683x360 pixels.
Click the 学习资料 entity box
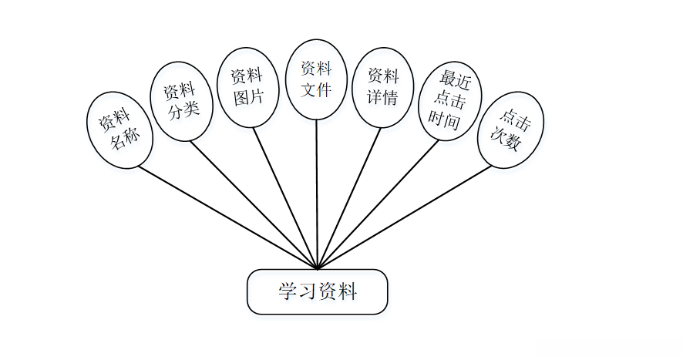click(x=317, y=291)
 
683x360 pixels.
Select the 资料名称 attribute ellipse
click(x=119, y=130)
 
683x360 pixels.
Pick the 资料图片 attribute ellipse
click(x=247, y=86)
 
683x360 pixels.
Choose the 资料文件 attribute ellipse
click(x=316, y=79)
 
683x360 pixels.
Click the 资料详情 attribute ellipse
click(x=382, y=86)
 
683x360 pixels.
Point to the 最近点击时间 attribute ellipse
click(x=449, y=101)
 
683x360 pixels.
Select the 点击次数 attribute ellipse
click(x=510, y=130)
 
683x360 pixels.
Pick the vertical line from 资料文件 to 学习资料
click(x=316, y=193)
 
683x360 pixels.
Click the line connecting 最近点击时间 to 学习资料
click(x=378, y=204)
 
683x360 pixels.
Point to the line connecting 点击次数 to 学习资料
click(x=405, y=216)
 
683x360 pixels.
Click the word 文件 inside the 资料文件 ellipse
click(x=316, y=89)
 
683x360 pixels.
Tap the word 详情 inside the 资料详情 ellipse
click(x=382, y=97)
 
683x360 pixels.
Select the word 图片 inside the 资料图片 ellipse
click(x=247, y=97)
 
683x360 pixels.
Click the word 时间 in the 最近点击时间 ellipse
click(x=447, y=121)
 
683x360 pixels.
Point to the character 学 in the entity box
click(x=288, y=292)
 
